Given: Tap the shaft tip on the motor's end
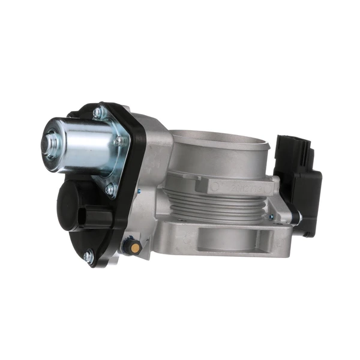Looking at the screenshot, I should coord(47,144).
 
